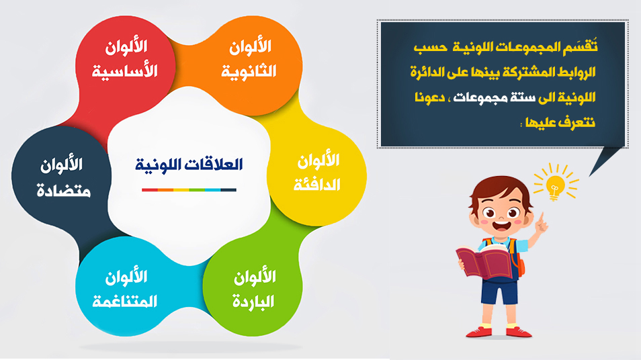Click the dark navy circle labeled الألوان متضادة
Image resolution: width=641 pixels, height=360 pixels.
point(61,176)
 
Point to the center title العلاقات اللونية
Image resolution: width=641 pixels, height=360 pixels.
point(189,165)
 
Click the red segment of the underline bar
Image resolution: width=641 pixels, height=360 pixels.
point(150,190)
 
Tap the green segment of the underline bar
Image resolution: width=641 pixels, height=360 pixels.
point(197,190)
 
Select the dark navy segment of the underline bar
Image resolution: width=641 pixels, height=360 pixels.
point(228,190)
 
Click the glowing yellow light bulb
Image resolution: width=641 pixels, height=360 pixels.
point(555,185)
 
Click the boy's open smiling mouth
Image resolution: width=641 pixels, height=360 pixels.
point(501,226)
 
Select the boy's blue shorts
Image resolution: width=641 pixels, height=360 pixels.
point(500,290)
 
